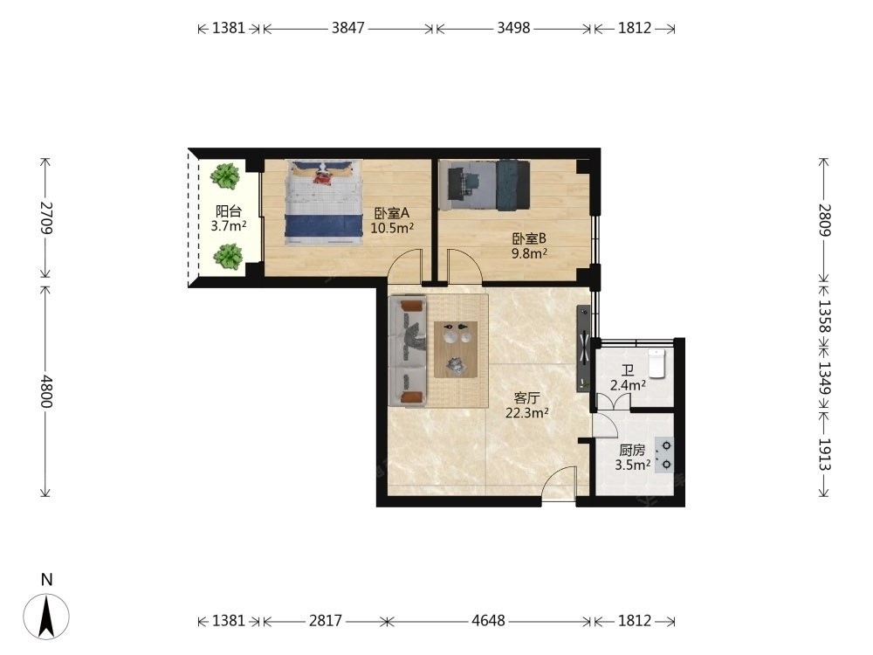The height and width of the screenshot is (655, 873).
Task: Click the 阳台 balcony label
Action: pyautogui.click(x=229, y=211)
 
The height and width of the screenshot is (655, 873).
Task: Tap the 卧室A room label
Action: pyautogui.click(x=391, y=213)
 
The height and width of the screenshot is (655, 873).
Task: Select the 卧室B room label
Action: pyautogui.click(x=529, y=239)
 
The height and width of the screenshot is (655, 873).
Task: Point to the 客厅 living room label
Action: pyautogui.click(x=526, y=398)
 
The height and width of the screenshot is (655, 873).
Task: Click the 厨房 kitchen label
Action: pyautogui.click(x=632, y=451)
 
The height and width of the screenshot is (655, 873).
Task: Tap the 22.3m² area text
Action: pyautogui.click(x=527, y=413)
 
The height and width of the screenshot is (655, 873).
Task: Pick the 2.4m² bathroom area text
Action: pyautogui.click(x=628, y=385)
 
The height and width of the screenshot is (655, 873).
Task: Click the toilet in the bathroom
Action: pyautogui.click(x=657, y=363)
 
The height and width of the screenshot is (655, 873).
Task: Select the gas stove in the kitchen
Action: pyautogui.click(x=663, y=455)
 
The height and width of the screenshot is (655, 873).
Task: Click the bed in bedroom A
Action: pyautogui.click(x=324, y=203)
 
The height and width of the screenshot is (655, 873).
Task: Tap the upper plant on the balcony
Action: pyautogui.click(x=225, y=176)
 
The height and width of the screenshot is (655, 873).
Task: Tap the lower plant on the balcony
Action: pyautogui.click(x=228, y=257)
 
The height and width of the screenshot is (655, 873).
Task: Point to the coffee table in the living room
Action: pyautogui.click(x=457, y=350)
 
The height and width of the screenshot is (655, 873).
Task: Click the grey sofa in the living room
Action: pyautogui.click(x=408, y=351)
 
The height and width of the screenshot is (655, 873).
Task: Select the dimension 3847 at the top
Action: pyautogui.click(x=348, y=28)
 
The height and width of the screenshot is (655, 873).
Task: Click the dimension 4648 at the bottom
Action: pyautogui.click(x=488, y=620)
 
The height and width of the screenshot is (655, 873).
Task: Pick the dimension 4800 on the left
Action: pyautogui.click(x=45, y=391)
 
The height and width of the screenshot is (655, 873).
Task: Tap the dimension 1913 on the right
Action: pyautogui.click(x=824, y=455)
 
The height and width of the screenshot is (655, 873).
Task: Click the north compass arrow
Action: pyautogui.click(x=46, y=616)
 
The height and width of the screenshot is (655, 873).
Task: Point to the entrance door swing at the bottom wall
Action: pyautogui.click(x=559, y=484)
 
